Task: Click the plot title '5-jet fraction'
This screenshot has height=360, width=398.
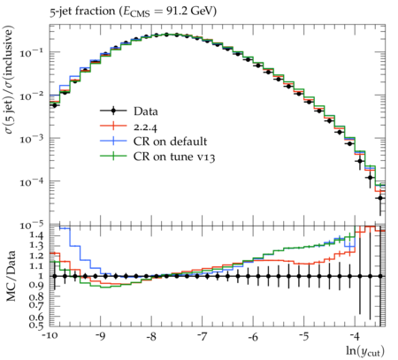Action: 82,11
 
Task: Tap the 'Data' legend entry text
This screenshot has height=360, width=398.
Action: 146,111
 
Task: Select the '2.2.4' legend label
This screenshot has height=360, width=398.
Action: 145,127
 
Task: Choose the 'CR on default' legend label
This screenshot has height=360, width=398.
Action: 170,142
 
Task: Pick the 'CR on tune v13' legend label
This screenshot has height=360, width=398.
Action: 174,157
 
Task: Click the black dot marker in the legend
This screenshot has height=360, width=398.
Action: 113,111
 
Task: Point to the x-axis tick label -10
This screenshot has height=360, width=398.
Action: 50,336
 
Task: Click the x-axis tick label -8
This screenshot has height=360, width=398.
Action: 151,336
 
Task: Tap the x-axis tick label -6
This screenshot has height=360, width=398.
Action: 253,336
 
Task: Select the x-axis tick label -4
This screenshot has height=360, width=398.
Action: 355,336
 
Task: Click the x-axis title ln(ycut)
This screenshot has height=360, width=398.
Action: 365,351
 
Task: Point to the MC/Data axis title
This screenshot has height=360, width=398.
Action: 11,276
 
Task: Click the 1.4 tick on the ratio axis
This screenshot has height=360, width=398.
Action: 37,235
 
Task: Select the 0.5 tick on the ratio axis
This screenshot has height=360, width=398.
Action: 37,325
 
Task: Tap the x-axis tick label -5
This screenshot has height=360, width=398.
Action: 303,336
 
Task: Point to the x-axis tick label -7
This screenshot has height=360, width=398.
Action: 202,336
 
